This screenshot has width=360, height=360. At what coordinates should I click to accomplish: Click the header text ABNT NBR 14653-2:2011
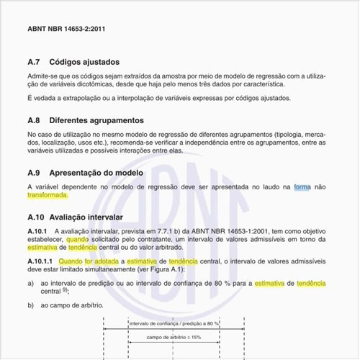tap(67, 30)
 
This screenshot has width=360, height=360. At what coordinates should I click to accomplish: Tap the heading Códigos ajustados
tap(84, 63)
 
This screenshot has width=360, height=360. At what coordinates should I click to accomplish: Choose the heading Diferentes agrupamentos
tap(97, 120)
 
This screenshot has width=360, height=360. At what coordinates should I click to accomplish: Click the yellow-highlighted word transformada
tap(48, 195)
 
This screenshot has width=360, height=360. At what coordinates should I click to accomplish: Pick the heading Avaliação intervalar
tap(86, 217)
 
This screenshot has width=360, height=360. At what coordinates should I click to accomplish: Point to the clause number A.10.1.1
tap(40, 261)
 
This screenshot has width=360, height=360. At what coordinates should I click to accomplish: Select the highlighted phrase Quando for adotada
tap(91, 261)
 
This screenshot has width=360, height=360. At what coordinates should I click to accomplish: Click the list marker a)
tap(31, 284)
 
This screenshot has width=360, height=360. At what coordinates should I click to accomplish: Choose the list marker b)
tap(31, 305)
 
